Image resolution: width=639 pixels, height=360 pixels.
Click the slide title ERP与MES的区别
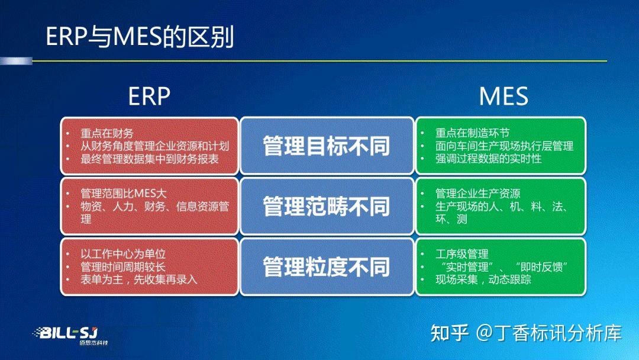pos(140,37)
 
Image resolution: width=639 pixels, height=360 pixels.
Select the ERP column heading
pos(149,96)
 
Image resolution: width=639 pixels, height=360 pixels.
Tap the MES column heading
pos(503,96)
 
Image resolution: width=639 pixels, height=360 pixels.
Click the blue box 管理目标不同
pos(327,146)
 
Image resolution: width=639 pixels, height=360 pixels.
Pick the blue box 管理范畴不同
pos(327,207)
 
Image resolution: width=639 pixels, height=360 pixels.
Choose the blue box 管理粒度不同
pos(327,267)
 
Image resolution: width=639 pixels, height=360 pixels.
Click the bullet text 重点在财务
pos(107,133)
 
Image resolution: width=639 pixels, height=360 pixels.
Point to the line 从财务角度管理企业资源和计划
pos(154,146)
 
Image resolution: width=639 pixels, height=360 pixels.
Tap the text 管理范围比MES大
pos(124,194)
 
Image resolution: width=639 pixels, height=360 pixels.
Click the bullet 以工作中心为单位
pos(123,254)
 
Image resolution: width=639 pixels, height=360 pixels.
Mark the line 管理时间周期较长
pos(123,266)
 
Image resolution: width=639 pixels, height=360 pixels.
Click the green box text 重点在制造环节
pos(472,133)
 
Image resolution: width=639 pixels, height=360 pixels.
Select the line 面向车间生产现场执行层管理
pos(504,146)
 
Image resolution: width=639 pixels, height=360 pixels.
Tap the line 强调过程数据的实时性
pos(488,159)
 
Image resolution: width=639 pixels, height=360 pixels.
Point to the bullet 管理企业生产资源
pos(477,194)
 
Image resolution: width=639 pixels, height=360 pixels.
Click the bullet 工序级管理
pos(461,254)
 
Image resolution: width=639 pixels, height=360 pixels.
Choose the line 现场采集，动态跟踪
pos(483,279)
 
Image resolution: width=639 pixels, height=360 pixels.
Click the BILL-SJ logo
pos(69,335)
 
